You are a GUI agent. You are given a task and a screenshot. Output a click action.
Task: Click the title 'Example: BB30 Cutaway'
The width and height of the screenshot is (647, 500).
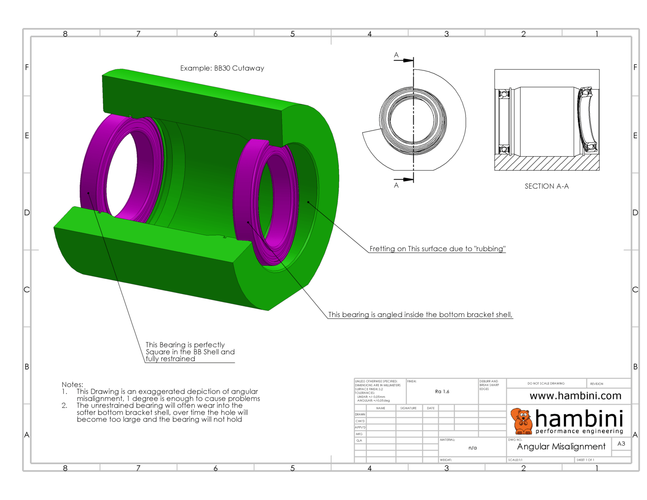[x=222, y=68]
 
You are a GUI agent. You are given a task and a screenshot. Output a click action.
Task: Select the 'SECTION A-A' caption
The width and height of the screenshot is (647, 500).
[x=546, y=186]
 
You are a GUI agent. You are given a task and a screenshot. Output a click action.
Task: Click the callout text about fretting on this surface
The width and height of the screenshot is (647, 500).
[x=437, y=249]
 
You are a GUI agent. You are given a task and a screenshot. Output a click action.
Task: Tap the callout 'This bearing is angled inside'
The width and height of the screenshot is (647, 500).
[x=420, y=315]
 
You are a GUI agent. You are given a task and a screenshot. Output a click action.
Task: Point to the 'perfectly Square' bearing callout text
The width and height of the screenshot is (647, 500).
[x=190, y=351]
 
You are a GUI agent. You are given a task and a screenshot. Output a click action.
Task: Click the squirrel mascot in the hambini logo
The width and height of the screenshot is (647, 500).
[x=521, y=421]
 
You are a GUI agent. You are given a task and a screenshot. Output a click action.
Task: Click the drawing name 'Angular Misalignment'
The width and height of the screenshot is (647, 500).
[x=561, y=447]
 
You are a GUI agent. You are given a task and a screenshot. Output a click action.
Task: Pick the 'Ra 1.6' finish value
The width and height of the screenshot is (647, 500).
[x=442, y=392]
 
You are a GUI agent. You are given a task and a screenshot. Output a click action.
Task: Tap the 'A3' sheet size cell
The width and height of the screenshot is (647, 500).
[x=621, y=444]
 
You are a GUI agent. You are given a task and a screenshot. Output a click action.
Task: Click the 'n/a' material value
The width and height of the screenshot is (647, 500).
[x=472, y=448]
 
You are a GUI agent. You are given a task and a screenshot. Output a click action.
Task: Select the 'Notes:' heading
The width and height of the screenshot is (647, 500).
[x=72, y=385]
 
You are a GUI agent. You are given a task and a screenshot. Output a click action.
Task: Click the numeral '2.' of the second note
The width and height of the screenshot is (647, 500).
[x=64, y=406]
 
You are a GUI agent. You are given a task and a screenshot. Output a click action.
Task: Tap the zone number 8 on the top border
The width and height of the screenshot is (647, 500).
[x=65, y=34]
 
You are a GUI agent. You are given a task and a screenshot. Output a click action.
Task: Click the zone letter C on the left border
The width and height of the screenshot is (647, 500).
[x=27, y=289]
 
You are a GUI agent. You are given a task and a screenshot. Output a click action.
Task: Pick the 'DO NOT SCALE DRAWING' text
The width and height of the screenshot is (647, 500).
[x=545, y=383]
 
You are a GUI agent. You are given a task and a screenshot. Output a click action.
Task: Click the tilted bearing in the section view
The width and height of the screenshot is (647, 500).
[x=588, y=120]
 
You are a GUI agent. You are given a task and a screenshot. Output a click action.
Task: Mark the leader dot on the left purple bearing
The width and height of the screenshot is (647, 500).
[x=88, y=193]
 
